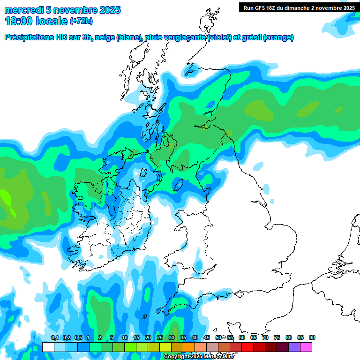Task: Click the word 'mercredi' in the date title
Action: pyautogui.click(x=22, y=9)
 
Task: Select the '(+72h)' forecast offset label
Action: pyautogui.click(x=81, y=21)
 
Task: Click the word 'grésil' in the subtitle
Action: pyautogui.click(x=251, y=37)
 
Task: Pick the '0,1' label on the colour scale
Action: pyautogui.click(x=54, y=337)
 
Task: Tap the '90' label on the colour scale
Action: pyautogui.click(x=312, y=337)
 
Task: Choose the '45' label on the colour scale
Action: pyautogui.click(x=207, y=337)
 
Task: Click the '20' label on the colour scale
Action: pyautogui.click(x=148, y=337)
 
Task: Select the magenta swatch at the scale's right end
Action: pyautogui.click(x=306, y=347)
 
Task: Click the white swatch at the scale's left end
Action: pyautogui.click(x=48, y=347)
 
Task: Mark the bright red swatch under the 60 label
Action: pyautogui.click(x=247, y=347)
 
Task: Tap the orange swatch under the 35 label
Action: pyautogui.click(x=189, y=347)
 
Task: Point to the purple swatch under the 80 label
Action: pyautogui.click(x=294, y=347)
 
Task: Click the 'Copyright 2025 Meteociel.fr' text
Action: pyautogui.click(x=198, y=356)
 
